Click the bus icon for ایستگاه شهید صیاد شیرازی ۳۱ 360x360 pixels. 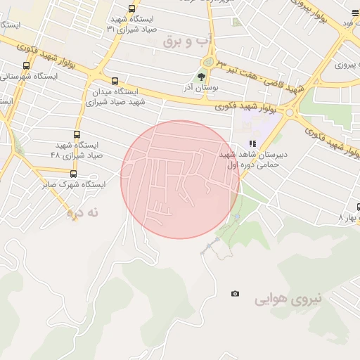(x=131, y=8)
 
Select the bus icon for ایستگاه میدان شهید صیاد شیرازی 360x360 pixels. (x=115, y=81)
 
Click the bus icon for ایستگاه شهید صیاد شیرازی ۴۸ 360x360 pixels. (x=77, y=134)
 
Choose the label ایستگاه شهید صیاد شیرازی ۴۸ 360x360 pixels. (x=77, y=150)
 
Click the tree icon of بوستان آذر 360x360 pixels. (x=202, y=77)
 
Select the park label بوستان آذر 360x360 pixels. (x=202, y=88)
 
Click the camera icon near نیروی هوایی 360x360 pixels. (x=235, y=294)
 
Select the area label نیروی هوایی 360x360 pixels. (x=288, y=299)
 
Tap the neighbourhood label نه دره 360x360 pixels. (x=84, y=211)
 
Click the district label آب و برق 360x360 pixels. (x=187, y=41)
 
